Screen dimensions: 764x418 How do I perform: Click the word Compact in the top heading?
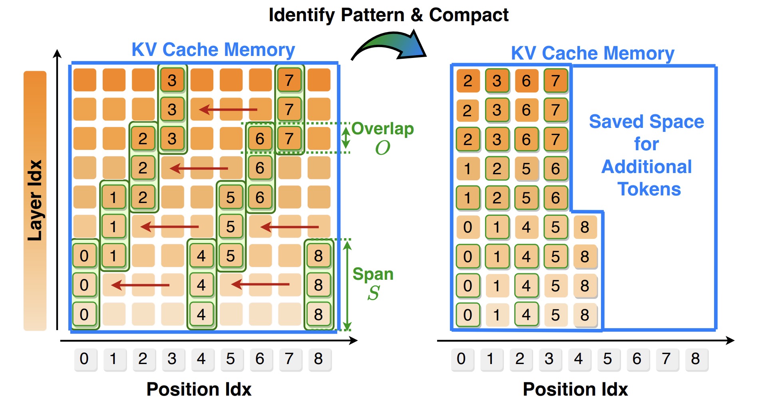tap(468, 16)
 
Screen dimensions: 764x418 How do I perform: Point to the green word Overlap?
tap(382, 129)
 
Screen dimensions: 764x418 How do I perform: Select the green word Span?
tap(373, 274)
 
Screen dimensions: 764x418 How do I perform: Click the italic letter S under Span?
tap(373, 293)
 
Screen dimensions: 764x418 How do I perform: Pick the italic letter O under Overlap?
tap(382, 148)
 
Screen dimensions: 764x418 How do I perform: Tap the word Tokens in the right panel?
tap(649, 189)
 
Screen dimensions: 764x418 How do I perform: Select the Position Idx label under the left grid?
tap(199, 389)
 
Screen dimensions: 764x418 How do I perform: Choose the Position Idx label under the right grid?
tap(575, 389)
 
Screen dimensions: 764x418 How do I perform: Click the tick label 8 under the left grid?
tap(318, 359)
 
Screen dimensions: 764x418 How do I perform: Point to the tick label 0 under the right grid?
tap(461, 359)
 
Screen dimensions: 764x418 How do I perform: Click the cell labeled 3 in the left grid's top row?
tap(172, 80)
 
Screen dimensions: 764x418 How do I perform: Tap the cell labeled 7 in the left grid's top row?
tap(289, 80)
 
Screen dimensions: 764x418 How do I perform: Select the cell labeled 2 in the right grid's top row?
tap(468, 81)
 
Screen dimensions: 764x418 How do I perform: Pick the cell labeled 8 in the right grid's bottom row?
tap(585, 315)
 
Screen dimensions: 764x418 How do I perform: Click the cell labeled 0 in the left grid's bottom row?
tap(84, 314)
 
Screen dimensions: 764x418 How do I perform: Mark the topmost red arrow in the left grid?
tap(228, 109)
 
